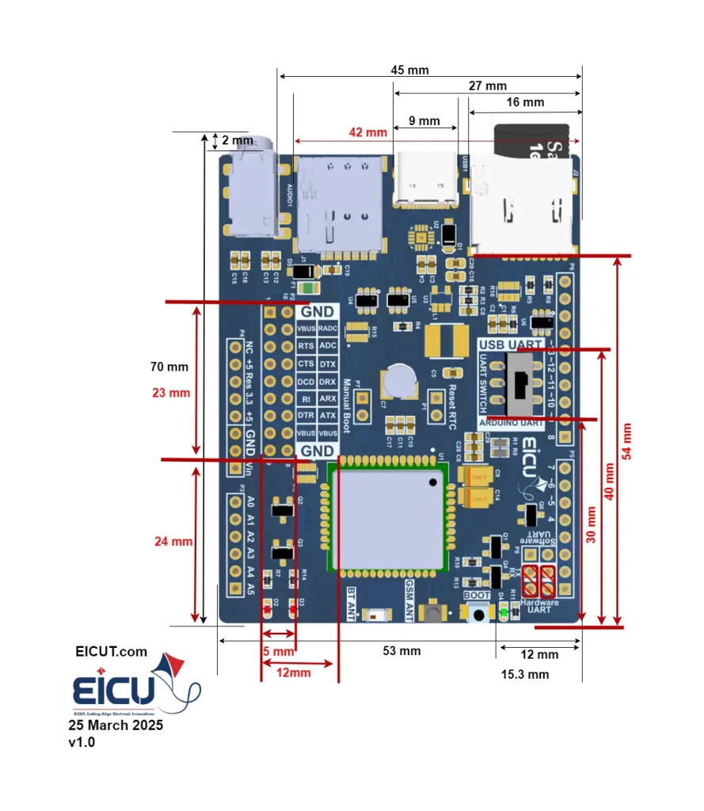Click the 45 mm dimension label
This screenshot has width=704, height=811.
409,70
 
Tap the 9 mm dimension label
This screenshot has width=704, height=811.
424,121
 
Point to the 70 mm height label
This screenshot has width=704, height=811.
169,367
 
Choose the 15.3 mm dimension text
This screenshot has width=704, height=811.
525,675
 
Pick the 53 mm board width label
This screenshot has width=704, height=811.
401,651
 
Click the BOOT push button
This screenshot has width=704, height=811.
478,614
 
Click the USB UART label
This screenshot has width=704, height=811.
511,345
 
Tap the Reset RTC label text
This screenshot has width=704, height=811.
452,406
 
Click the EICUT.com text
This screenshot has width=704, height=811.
111,652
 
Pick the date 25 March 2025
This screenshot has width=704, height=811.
116,725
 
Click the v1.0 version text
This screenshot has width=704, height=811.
82,743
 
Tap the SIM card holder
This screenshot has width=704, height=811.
339,204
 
